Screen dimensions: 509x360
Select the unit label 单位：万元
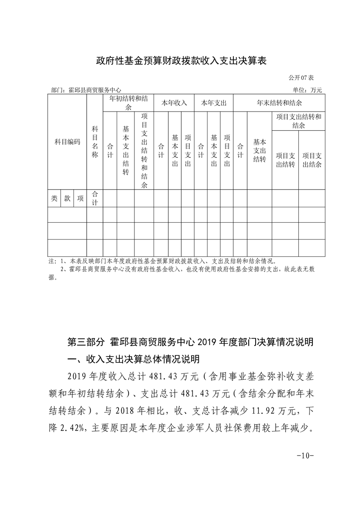click(308, 90)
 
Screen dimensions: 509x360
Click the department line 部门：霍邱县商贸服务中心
click(86, 90)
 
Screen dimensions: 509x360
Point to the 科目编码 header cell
click(67, 142)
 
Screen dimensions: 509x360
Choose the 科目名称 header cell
click(95, 142)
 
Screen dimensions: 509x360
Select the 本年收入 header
click(174, 103)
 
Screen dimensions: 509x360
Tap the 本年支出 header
click(214, 103)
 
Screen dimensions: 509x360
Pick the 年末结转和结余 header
click(280, 103)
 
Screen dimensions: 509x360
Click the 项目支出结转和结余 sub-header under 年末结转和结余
click(298, 121)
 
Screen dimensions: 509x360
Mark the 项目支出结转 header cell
click(285, 160)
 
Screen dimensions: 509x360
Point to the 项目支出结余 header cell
click(312, 160)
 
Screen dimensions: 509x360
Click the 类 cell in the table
click(54, 198)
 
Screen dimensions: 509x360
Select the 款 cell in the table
click(67, 198)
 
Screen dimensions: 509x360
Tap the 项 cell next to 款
click(80, 198)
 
